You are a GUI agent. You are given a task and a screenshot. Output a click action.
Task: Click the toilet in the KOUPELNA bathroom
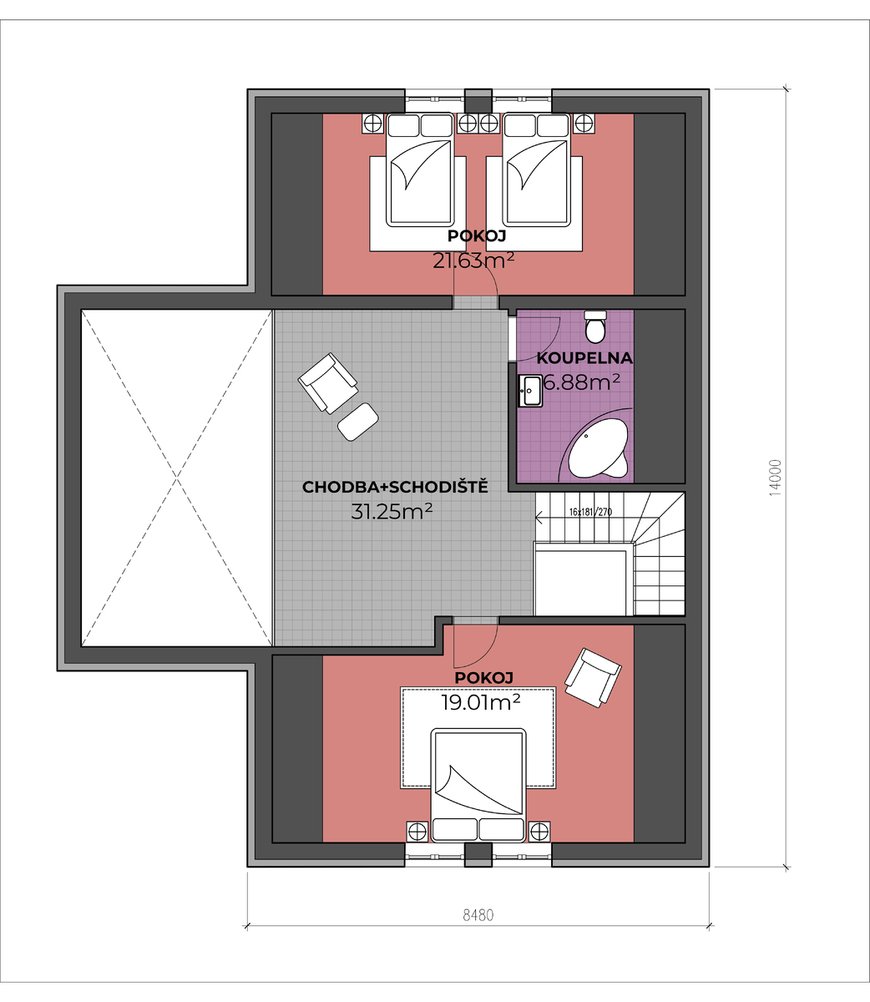595,326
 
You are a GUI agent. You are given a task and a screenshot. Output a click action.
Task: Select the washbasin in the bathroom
530,390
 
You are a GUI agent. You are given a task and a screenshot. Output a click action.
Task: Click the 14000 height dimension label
775,478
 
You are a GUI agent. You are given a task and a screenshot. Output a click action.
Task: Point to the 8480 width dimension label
478,914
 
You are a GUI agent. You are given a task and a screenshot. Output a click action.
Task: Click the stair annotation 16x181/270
590,512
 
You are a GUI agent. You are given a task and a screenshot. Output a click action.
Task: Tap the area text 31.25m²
392,512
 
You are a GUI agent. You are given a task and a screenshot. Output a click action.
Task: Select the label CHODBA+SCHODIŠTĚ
395,487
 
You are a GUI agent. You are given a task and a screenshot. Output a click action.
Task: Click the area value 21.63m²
473,261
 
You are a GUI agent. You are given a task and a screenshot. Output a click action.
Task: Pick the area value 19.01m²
480,703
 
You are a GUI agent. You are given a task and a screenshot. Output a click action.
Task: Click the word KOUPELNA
584,358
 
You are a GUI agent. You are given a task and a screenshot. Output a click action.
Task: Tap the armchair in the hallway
328,383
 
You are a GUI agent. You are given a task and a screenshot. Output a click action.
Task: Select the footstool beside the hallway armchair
358,422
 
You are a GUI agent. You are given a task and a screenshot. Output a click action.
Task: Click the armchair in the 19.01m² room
593,678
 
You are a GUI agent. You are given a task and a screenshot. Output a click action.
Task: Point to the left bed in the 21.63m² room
420,170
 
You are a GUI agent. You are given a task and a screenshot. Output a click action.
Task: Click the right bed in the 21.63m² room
537,170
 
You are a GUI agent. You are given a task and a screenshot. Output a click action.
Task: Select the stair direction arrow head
539,517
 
